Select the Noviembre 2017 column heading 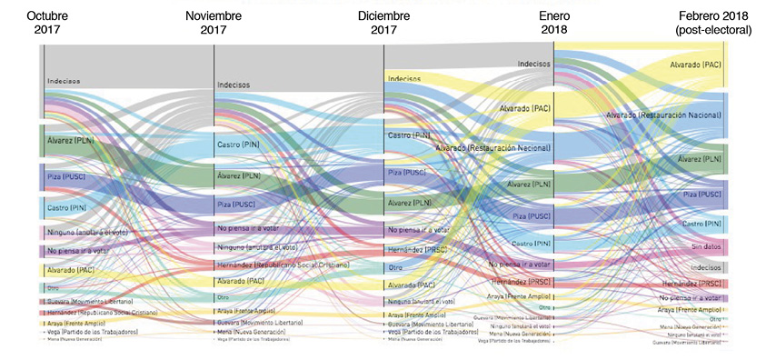coord(214,23)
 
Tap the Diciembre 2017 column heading coord(383,23)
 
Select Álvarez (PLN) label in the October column coord(71,140)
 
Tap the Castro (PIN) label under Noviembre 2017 coord(239,145)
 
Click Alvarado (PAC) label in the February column coord(695,65)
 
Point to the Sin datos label coord(706,246)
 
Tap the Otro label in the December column coord(395,268)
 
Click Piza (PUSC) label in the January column coord(532,215)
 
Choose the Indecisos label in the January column coord(533,64)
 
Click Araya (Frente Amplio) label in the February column coord(691,310)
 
